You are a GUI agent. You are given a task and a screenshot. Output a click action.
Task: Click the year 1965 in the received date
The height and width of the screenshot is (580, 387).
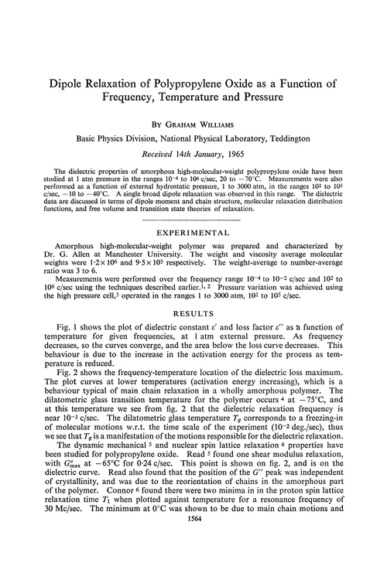241,153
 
